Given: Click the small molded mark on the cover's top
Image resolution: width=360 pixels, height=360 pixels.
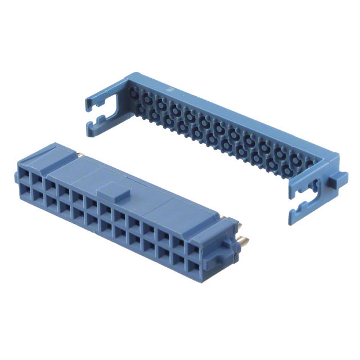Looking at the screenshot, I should [x=170, y=89].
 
